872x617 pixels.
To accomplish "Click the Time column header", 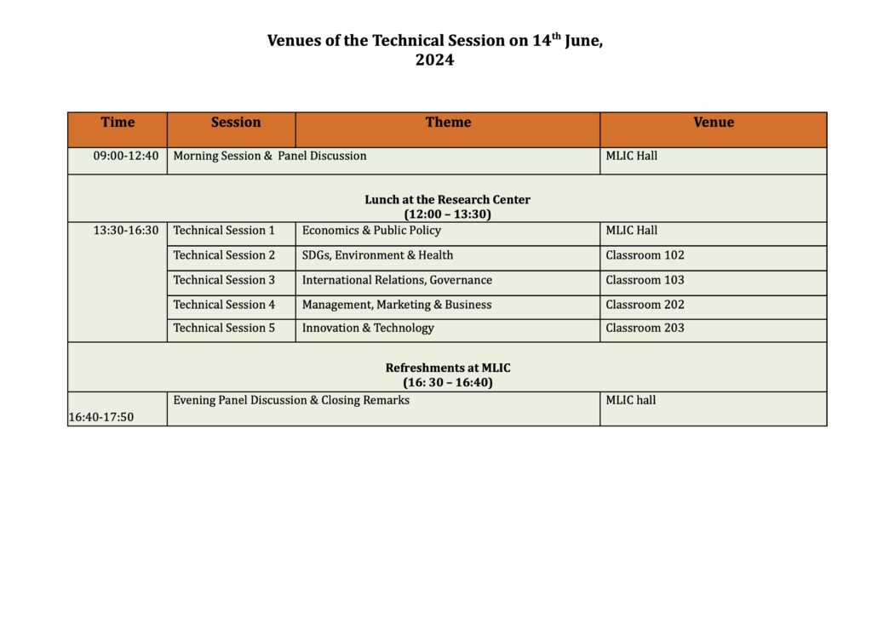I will click(118, 123).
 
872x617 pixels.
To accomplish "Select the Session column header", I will click(236, 123).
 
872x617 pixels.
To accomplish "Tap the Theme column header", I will click(448, 123).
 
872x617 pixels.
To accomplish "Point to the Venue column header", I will click(713, 123).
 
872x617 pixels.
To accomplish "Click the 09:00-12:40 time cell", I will click(126, 156).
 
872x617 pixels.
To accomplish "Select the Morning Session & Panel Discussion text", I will click(270, 156).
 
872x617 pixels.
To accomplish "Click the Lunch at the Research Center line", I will click(447, 200).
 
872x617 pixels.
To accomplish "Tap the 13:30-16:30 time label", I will click(126, 231).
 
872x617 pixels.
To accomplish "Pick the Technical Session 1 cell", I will click(224, 231).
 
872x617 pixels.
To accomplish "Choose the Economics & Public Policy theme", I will click(371, 231).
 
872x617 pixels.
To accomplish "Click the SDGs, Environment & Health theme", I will click(377, 255).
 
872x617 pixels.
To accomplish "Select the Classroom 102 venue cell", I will click(645, 255).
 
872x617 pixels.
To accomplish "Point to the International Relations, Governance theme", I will click(397, 280).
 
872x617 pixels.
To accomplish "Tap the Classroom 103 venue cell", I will click(645, 280).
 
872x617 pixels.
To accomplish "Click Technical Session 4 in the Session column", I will click(224, 305).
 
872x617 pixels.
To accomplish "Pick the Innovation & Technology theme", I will click(368, 328).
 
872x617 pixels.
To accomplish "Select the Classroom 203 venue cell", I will click(645, 328).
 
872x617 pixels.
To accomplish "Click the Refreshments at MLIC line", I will click(448, 368).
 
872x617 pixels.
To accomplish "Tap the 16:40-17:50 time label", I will click(101, 417).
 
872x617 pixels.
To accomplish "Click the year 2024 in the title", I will click(434, 60).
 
